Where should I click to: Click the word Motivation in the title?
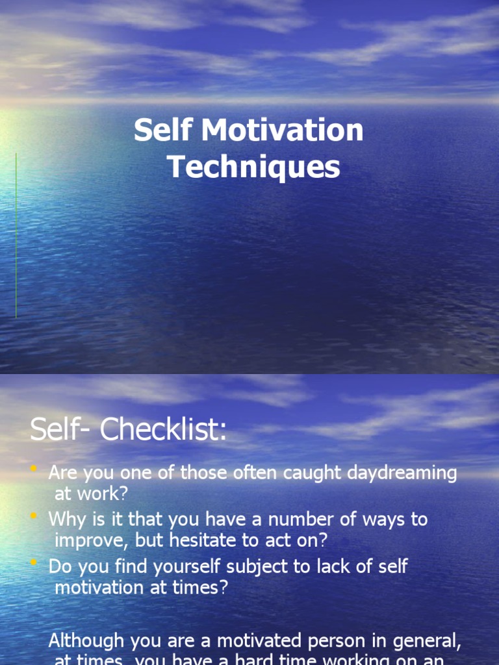[x=282, y=131]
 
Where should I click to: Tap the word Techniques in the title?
[x=254, y=167]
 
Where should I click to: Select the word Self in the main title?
[x=162, y=131]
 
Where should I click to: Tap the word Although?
[x=86, y=642]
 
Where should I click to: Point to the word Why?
[x=65, y=520]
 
